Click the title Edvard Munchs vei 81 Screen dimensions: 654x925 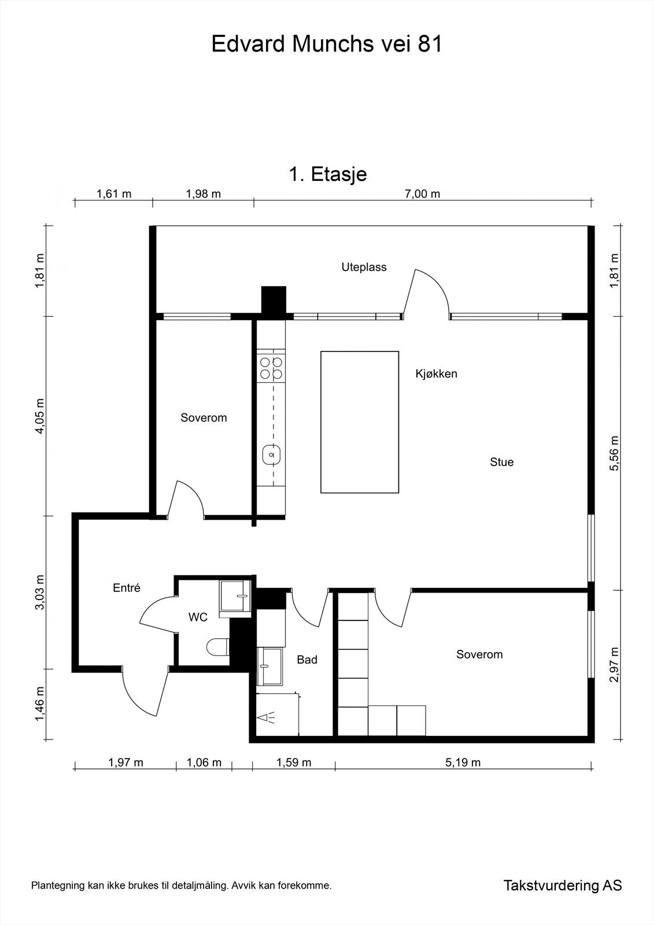(x=327, y=44)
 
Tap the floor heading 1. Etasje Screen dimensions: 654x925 (x=328, y=174)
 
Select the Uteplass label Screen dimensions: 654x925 (x=364, y=267)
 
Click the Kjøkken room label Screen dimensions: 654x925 (x=436, y=373)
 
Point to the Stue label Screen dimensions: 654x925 (x=501, y=462)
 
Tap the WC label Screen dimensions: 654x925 (x=198, y=617)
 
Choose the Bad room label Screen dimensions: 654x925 (x=307, y=660)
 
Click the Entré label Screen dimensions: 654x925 (x=127, y=587)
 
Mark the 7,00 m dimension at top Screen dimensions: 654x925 (x=422, y=194)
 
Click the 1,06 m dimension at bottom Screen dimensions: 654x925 (x=204, y=763)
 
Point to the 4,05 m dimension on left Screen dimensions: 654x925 (x=40, y=416)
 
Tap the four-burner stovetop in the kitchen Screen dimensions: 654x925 (x=271, y=368)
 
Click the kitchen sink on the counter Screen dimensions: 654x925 (x=271, y=454)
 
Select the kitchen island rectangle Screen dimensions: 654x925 (x=360, y=422)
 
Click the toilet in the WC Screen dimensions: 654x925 (x=218, y=647)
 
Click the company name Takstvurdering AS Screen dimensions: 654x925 (x=563, y=885)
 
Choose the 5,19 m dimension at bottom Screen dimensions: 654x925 (x=463, y=763)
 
